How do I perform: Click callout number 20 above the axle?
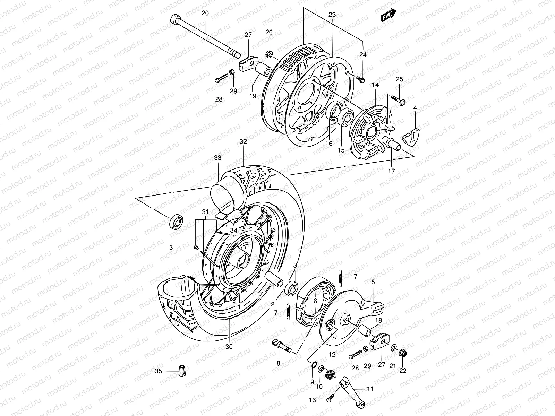coord(205,13)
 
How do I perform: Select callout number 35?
coord(158,371)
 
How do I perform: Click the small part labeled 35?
coord(182,371)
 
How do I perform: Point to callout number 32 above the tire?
coord(243,142)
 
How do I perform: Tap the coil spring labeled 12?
coord(331,374)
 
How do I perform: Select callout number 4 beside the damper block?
coord(415,108)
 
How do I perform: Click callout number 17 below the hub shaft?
coord(391,171)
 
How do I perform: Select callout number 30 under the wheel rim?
coord(229,346)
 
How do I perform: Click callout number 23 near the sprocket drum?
coord(332,15)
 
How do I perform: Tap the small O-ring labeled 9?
coord(313,364)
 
